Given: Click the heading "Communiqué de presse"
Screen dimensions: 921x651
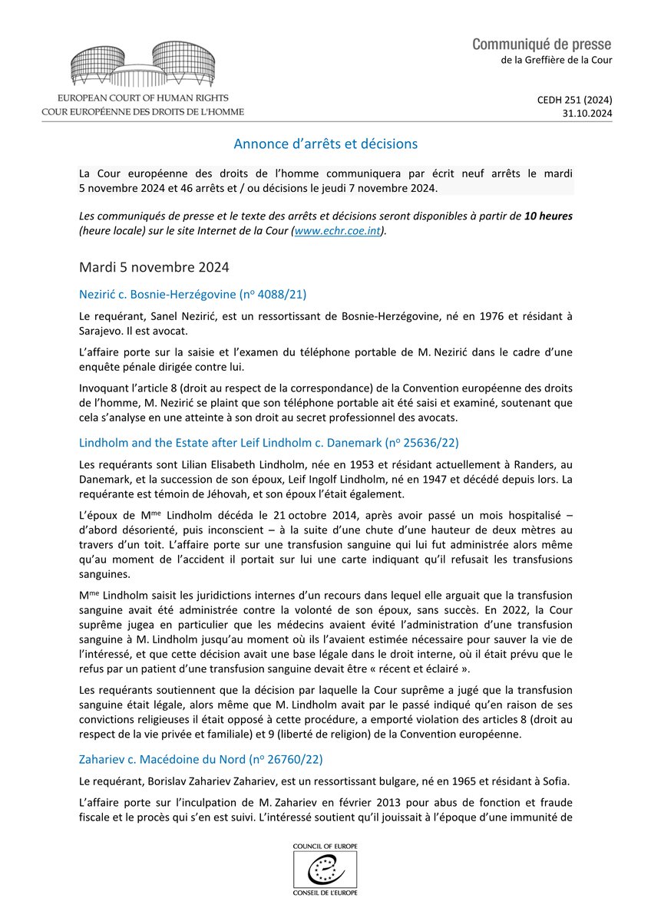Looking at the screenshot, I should pos(542,45).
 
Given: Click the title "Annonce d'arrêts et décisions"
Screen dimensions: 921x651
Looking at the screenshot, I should pos(325,144).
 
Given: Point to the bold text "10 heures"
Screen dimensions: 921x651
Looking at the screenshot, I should pos(548,216).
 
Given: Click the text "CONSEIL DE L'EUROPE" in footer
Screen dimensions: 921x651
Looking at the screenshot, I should pos(325,892).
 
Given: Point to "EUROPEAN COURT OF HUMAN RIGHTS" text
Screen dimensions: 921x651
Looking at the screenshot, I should pos(143,99).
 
